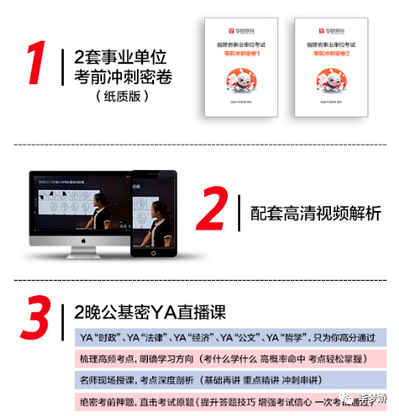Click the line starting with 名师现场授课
[221, 379]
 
